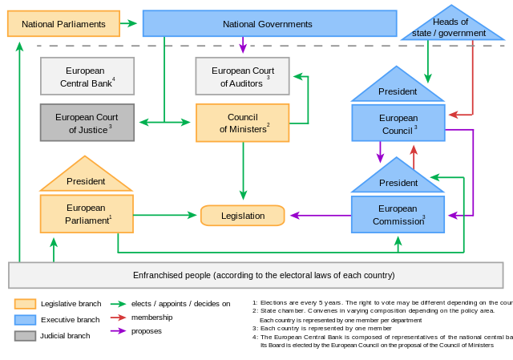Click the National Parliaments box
coord(63,24)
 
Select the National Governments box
coord(269,24)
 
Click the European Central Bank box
coord(87,76)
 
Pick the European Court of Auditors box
coord(242,76)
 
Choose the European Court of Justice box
coord(87,123)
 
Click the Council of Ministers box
coord(242,123)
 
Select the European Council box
coord(398,123)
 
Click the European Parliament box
coord(87,213)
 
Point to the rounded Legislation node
coord(242,216)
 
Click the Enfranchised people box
coord(256,275)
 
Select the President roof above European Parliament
coord(86,180)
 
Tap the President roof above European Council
coord(398,90)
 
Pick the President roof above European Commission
coord(398,181)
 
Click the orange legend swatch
coord(25,304)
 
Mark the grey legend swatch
coord(25,336)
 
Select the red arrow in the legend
coord(118,318)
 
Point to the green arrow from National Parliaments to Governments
coord(129,24)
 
